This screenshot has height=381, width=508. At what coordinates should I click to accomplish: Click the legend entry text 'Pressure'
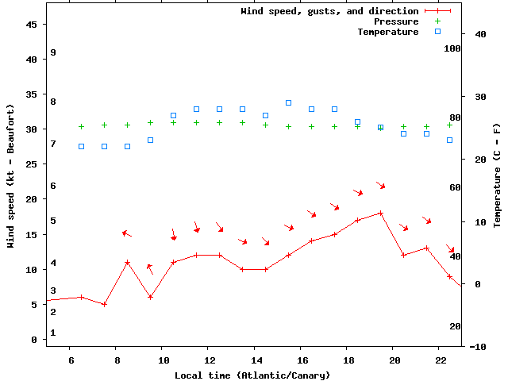coord(396,21)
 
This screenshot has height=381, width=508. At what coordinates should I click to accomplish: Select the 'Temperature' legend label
coord(387,32)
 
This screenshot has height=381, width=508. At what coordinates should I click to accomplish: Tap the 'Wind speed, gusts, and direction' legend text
coord(329,11)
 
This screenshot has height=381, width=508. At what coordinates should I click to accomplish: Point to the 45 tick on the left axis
coord(32,24)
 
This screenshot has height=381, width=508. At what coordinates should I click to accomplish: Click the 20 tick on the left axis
coord(32,199)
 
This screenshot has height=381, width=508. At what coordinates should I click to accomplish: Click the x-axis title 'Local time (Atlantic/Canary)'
coord(252,375)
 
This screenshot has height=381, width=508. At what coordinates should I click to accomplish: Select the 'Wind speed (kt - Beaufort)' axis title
coord(11,175)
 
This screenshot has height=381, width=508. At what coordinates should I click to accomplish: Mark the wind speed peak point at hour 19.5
coord(381,213)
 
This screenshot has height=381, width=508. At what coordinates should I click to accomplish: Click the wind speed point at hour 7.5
coord(104,304)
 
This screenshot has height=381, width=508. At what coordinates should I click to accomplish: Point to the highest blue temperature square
coord(288,102)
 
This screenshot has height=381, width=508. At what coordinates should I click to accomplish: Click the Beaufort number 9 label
coord(52,52)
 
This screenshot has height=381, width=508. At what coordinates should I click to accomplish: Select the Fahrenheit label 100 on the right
coord(452,48)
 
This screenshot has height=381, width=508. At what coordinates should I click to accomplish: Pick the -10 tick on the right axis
coord(456,347)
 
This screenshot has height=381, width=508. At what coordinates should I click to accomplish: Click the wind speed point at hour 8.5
coord(127,262)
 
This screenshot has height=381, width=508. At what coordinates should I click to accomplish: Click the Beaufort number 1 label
coord(52,333)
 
